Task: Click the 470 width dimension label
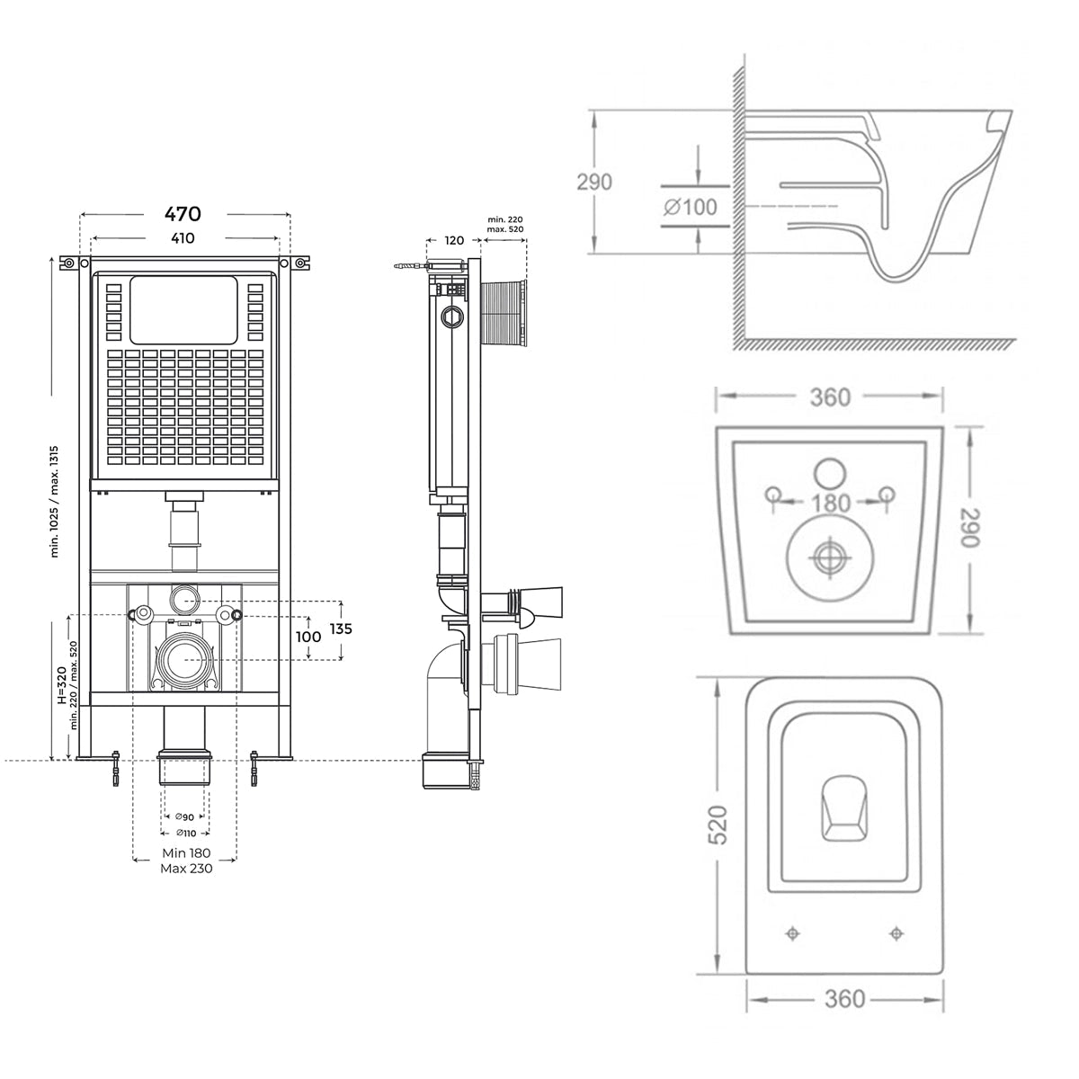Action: pos(183,213)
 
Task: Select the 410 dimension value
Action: pos(183,238)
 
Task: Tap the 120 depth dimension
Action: pos(454,240)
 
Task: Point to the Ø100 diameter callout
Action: pos(691,207)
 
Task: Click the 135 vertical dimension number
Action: pos(341,629)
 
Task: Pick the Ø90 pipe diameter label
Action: pos(185,817)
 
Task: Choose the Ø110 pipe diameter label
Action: pos(185,834)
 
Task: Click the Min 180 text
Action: pos(186,852)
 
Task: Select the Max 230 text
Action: pos(186,869)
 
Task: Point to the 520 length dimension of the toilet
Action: pos(718,825)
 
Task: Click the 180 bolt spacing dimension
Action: pos(831,503)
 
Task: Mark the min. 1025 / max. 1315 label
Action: pos(54,501)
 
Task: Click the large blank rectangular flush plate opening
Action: pos(183,309)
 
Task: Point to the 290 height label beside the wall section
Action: pos(594,182)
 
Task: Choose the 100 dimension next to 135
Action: pos(308,637)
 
